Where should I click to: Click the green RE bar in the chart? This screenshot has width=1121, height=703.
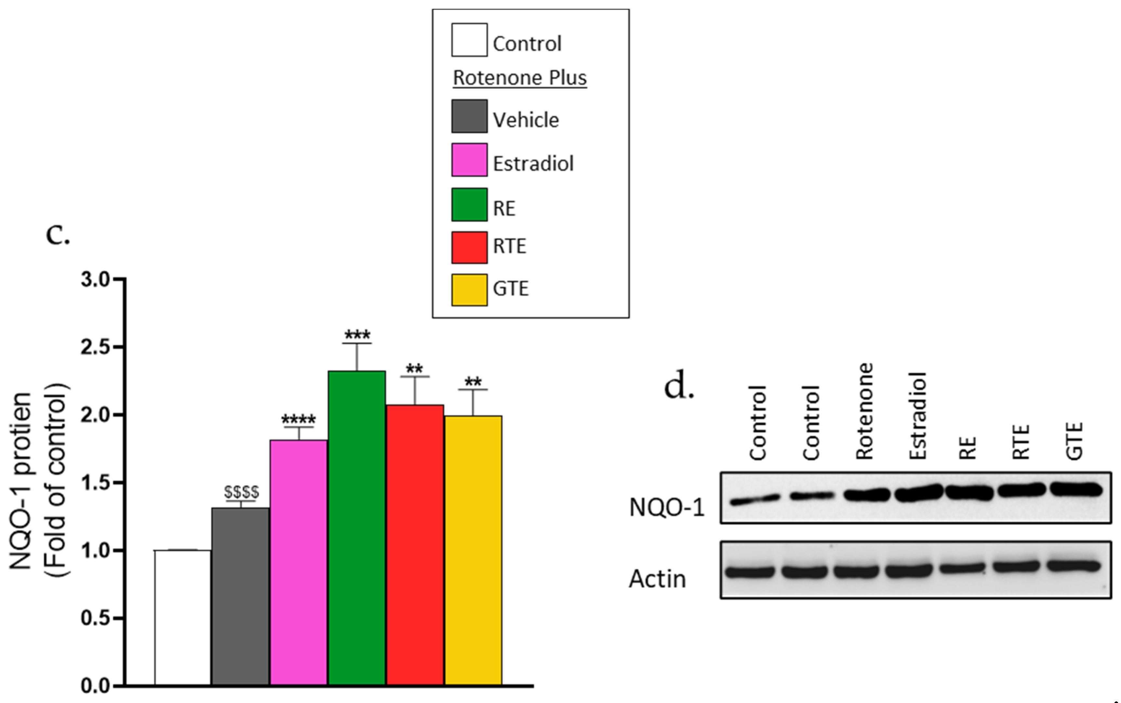[x=357, y=528]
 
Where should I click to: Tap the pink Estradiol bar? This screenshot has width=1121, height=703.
[x=298, y=563]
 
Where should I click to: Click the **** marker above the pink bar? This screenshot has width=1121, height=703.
[x=298, y=419]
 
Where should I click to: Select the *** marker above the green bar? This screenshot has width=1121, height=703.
[x=357, y=335]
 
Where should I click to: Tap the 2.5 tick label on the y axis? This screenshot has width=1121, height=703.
[x=95, y=347]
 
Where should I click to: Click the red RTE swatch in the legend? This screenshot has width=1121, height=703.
[x=469, y=247]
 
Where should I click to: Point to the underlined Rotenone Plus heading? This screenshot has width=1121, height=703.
[x=520, y=78]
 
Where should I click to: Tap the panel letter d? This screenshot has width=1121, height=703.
[x=678, y=386]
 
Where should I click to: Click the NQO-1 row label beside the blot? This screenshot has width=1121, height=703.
[x=666, y=507]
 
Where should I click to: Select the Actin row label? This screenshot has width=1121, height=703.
[x=657, y=579]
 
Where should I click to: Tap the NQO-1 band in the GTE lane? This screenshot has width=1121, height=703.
[x=1076, y=490]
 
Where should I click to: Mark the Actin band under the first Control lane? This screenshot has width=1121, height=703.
[x=749, y=571]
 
